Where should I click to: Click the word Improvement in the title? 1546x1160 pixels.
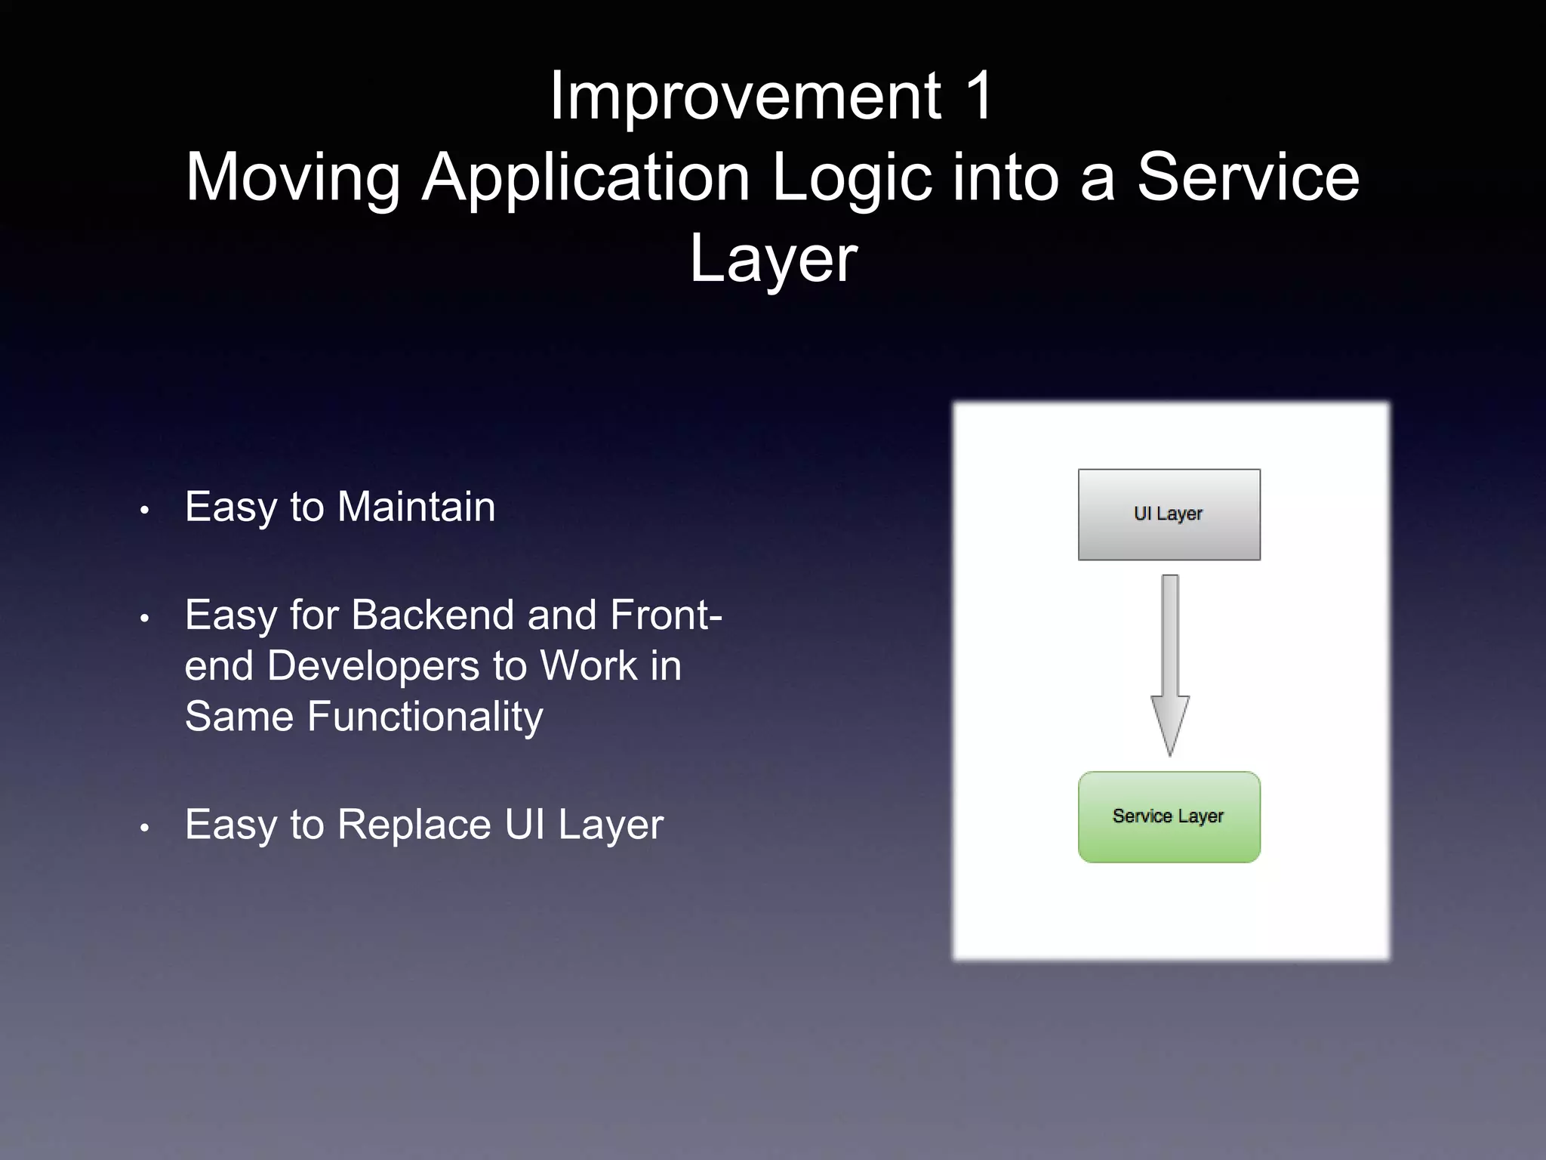[744, 97]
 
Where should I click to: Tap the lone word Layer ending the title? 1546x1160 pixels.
[773, 258]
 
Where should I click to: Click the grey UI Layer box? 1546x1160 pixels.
[1169, 514]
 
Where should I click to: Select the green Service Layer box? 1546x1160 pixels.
[1169, 816]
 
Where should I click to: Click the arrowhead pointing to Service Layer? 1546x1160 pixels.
[1169, 725]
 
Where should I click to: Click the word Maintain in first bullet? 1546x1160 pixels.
[416, 507]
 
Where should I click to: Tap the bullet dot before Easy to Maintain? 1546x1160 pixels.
[144, 511]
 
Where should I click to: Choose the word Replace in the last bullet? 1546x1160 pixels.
[414, 825]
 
